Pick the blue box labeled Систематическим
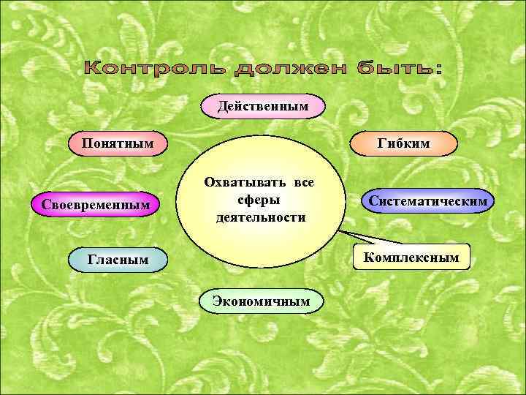coord(428,200)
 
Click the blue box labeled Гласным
coord(118,259)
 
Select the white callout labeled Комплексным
coord(411,257)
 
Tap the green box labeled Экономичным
coord(261,301)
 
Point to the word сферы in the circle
coord(260,200)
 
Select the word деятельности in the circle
coord(260,217)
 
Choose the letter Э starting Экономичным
coord(217,301)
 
